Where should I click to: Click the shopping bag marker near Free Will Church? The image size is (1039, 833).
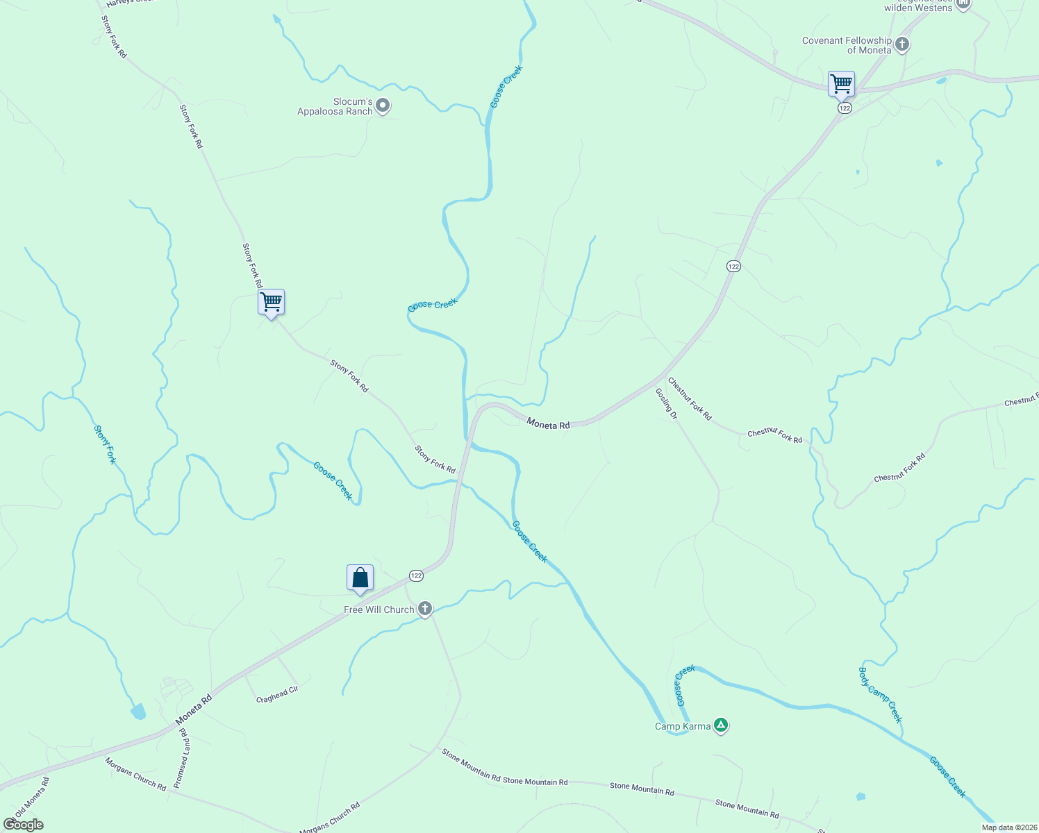point(360,578)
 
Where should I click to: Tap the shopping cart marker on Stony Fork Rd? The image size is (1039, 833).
point(271,303)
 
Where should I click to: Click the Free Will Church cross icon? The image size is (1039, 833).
point(425,609)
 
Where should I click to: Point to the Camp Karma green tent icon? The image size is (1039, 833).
point(721,726)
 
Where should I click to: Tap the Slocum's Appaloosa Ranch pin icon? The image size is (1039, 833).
point(383,106)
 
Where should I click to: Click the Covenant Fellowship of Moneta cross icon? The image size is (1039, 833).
point(901,45)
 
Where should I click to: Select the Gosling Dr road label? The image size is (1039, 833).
point(666,404)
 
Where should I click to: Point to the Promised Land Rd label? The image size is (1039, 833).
point(181,758)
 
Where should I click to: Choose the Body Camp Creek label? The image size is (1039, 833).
point(880,695)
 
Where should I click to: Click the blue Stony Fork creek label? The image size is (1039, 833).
point(105,445)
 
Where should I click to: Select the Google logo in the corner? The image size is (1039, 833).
point(24,825)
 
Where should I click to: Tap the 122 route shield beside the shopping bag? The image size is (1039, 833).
point(415,575)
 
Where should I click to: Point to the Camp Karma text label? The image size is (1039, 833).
point(683,727)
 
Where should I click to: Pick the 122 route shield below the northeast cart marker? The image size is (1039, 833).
point(845,108)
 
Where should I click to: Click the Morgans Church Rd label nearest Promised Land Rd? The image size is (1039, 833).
point(136,774)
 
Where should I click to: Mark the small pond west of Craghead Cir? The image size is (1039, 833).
point(138,711)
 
